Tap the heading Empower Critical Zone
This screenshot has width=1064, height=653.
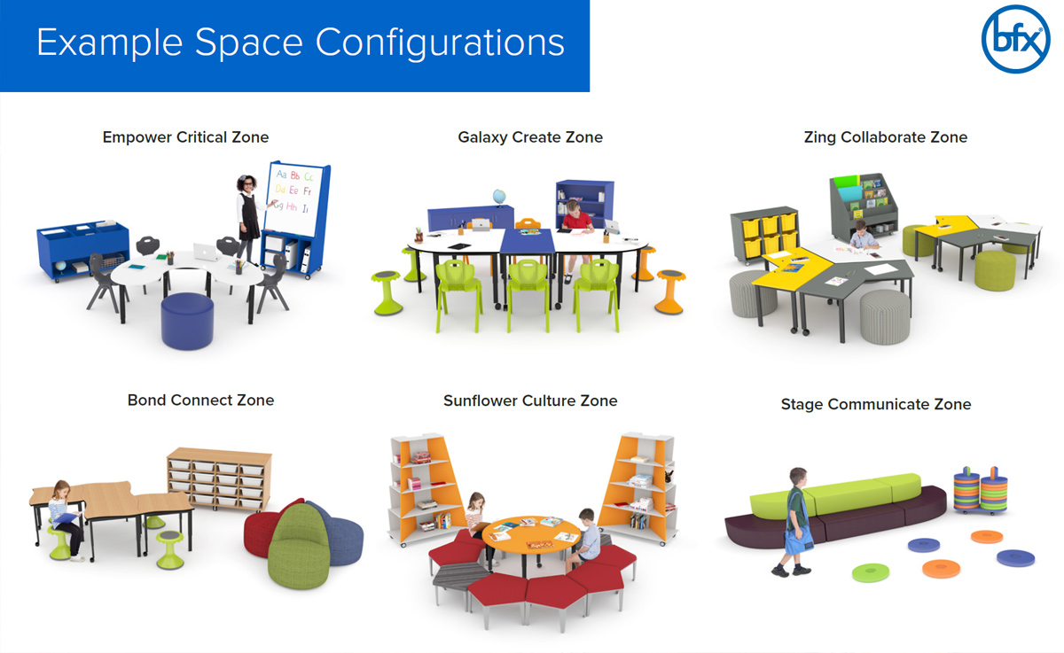185,137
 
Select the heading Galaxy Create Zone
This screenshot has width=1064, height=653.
530,137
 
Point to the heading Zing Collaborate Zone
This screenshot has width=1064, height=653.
885,137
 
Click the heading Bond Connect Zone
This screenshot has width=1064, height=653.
200,400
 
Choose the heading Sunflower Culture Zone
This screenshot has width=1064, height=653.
530,400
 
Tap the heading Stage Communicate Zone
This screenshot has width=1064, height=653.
875,404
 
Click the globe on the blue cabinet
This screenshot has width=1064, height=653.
497,197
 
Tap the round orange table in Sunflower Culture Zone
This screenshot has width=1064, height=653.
532,535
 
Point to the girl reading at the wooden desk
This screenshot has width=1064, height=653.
65,517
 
